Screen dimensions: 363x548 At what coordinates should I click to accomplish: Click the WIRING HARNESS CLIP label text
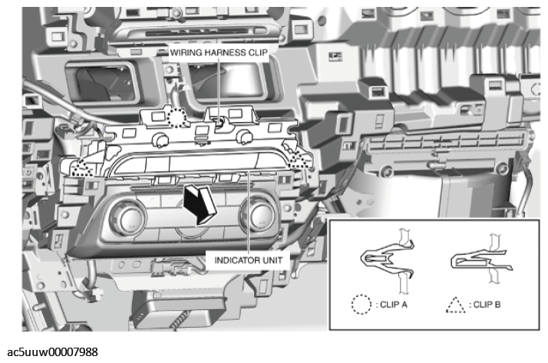tap(217, 51)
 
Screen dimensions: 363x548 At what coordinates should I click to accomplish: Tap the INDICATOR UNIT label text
tap(249, 259)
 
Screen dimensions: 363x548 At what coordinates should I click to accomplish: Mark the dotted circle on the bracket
tap(178, 117)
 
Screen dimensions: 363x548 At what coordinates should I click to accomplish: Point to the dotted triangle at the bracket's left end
tap(81, 167)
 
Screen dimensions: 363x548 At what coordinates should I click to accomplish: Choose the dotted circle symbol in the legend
tap(361, 305)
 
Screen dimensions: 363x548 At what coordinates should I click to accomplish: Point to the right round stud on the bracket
tap(246, 136)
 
